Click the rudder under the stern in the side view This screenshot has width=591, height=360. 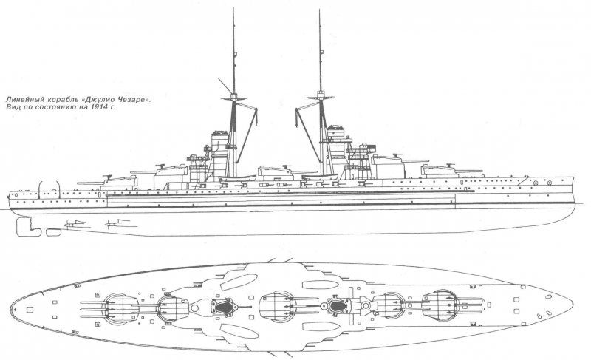click(28, 227)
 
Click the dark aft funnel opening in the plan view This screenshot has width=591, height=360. click(225, 306)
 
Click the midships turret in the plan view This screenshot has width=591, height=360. click(278, 305)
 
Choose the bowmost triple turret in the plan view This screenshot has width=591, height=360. click(439, 304)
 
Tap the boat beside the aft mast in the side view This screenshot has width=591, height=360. click(237, 178)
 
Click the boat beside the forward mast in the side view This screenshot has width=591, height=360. click(320, 177)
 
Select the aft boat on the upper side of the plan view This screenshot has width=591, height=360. click(239, 282)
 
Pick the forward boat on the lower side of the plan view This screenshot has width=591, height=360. click(321, 327)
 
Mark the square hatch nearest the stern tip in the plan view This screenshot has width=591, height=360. click(30, 310)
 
